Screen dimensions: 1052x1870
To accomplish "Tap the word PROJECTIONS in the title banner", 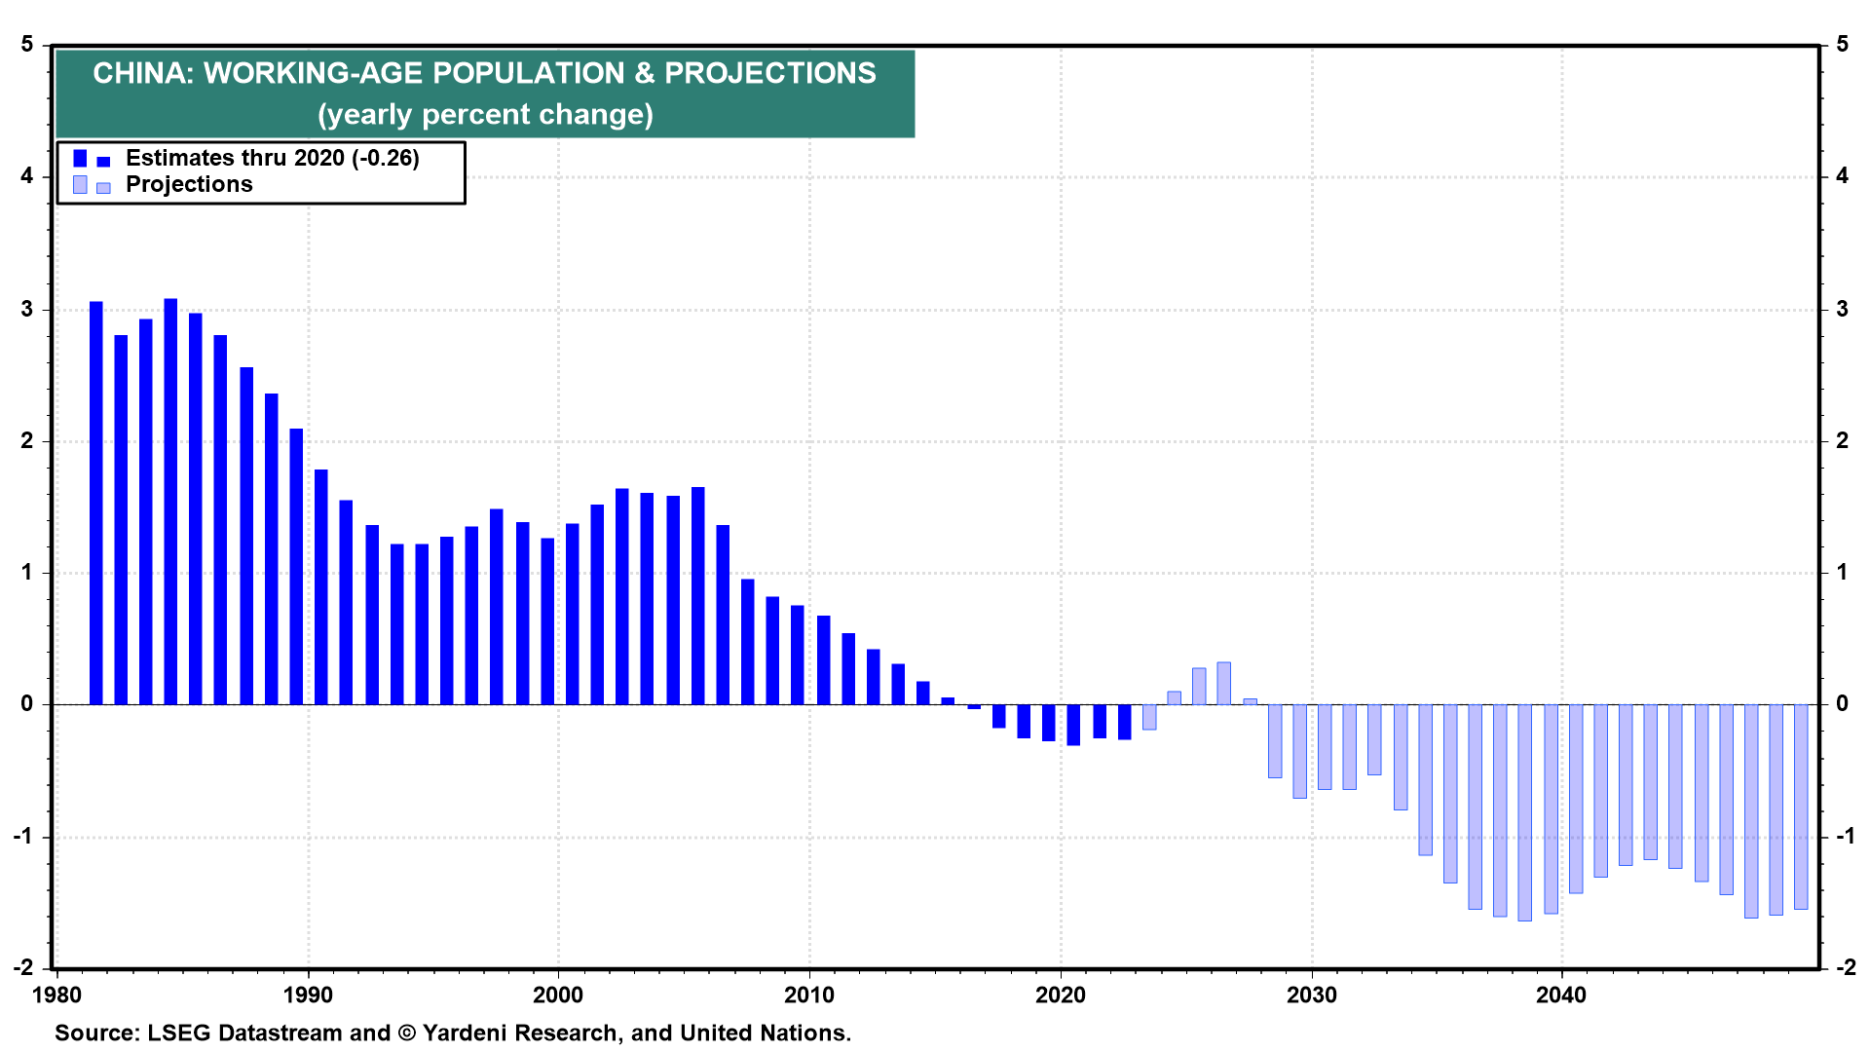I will coord(769,74).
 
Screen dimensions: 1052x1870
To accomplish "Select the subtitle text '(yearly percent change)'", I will coord(485,115).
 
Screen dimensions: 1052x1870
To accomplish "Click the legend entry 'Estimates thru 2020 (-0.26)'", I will coord(272,158).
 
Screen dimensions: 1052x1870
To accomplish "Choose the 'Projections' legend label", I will coord(189,185).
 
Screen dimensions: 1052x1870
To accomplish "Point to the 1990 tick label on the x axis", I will coord(308,996).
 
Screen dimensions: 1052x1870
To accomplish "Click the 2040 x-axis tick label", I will coord(1561,996).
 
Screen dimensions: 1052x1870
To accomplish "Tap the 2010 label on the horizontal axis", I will coord(809,996).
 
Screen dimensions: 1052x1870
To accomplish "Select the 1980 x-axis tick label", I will coord(56,996).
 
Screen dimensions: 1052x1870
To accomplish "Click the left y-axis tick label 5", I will coord(27,45).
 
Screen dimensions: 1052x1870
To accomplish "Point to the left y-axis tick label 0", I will coord(27,703).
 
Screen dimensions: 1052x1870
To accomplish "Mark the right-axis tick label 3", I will coord(1842,310).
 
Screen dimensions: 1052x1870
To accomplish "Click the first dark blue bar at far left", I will coord(95,503).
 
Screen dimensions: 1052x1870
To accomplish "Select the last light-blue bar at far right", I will coord(1800,807).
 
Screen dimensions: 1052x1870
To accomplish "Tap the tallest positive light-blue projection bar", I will coord(1223,683).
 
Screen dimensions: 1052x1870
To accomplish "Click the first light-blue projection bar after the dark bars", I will coord(1149,717).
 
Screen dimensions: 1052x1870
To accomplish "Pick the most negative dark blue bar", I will coord(1073,725).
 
